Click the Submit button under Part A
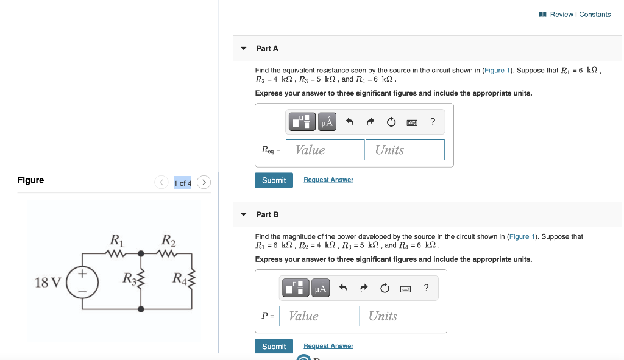point(274,180)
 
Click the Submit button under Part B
point(274,346)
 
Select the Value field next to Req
point(329,150)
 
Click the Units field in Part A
point(405,150)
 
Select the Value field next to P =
point(322,316)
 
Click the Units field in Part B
point(399,316)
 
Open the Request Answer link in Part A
point(328,180)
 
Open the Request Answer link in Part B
point(328,346)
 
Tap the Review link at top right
point(561,15)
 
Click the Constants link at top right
point(595,15)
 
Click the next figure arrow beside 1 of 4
point(204,182)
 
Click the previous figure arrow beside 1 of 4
point(161,182)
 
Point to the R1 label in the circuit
point(115,239)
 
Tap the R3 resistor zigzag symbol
point(142,280)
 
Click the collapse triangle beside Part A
point(243,49)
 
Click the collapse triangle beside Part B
point(243,214)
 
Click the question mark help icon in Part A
point(433,122)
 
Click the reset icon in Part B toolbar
point(384,288)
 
